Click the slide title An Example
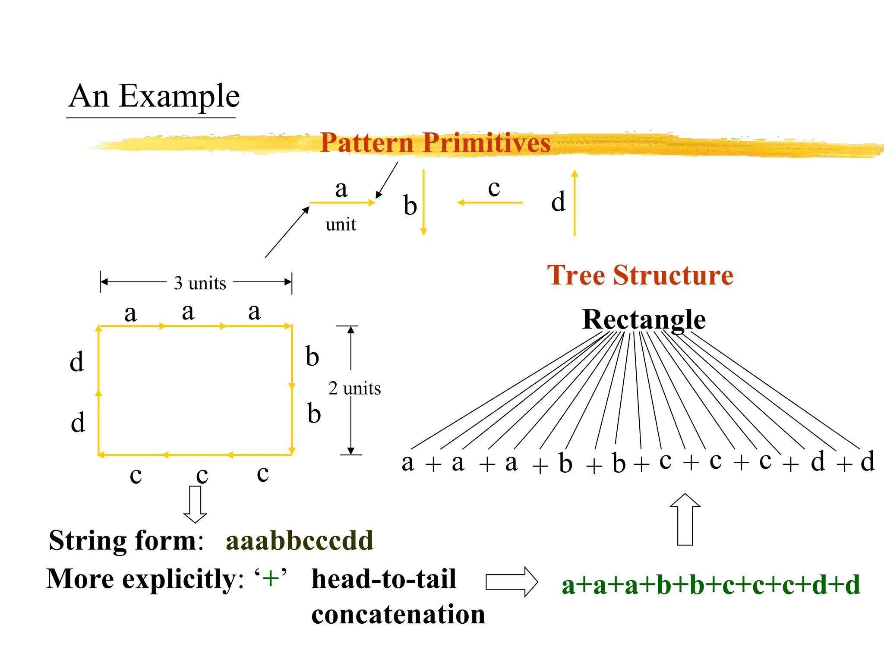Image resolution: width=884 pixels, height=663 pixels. pos(154,96)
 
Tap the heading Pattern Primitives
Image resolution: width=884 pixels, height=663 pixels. pos(435,143)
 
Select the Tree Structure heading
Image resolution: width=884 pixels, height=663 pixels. pos(640,275)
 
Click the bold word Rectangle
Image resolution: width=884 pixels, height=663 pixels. pos(644,320)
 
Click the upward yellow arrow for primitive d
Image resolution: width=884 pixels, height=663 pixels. pos(574,203)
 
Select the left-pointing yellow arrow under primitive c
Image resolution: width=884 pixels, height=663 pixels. pos(490,202)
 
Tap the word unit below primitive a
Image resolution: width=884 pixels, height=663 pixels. pos(341,224)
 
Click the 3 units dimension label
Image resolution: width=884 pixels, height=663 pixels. pos(200,283)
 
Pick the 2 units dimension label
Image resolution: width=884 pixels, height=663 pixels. pos(354,388)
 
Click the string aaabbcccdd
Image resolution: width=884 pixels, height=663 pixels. pos(299,540)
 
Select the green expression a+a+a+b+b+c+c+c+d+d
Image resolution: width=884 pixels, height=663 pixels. pos(710,585)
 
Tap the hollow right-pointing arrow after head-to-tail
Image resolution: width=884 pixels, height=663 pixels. pos(511,582)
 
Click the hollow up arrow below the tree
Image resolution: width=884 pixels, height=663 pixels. pos(685,519)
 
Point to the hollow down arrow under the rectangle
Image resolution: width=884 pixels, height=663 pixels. pos(195,504)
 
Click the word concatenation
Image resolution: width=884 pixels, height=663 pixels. pos(398,615)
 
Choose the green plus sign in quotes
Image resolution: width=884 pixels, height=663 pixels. pos(271,578)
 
